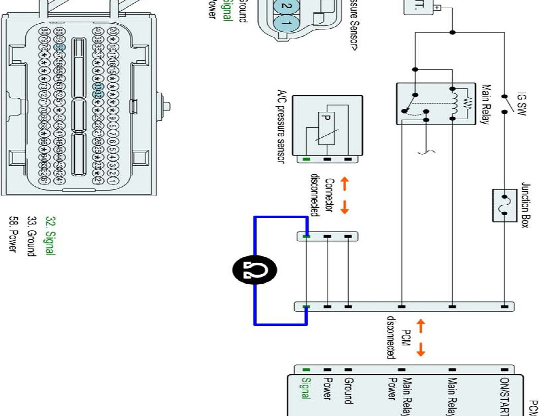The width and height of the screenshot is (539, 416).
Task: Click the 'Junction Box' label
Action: (525, 205)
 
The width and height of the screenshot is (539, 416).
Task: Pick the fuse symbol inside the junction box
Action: (504, 205)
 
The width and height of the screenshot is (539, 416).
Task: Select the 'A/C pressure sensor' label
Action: (280, 127)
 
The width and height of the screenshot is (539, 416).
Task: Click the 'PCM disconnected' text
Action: (398, 337)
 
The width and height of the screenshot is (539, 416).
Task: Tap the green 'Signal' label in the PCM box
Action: (306, 389)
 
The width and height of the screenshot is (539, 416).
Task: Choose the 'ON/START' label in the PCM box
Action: (504, 395)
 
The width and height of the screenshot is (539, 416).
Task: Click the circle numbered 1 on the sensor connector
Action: (285, 23)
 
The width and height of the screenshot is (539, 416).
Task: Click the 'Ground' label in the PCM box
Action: (348, 390)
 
